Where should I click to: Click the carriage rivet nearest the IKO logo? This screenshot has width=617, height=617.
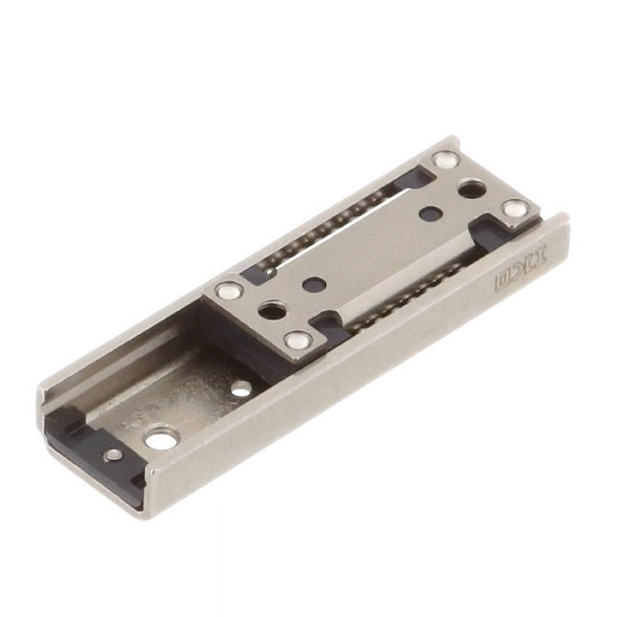coord(512,211)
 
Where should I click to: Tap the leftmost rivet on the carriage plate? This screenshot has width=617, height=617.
coord(227,291)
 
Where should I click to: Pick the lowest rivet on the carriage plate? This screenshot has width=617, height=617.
coord(297,342)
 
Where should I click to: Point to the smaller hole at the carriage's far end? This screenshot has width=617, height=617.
coord(426,213)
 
